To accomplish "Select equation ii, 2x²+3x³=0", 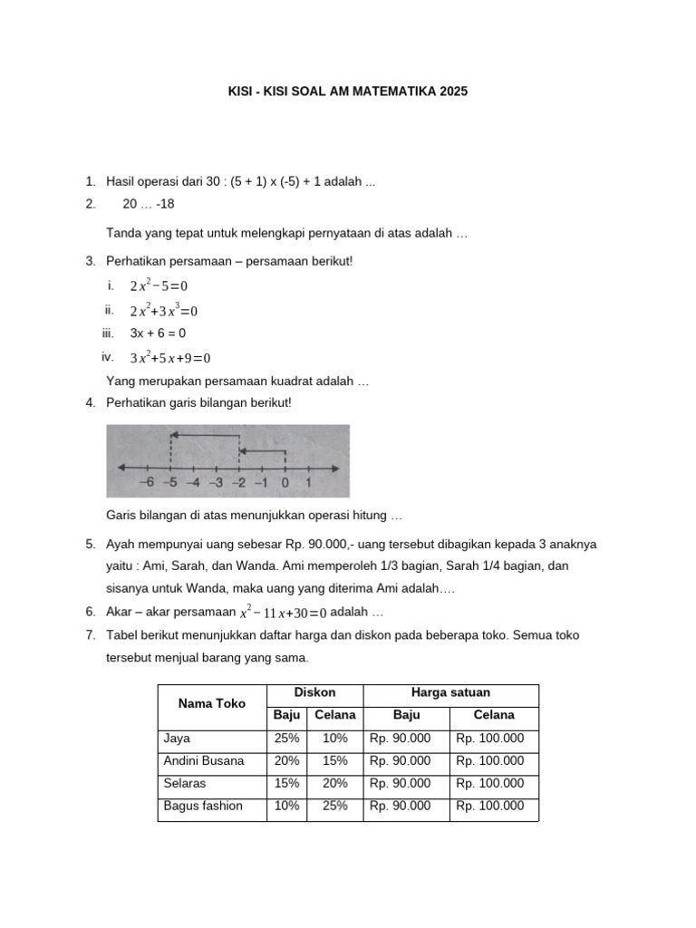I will click(163, 311).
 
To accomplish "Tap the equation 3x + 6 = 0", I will click(158, 333).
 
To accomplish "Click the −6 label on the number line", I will click(148, 483).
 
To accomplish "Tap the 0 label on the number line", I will click(285, 483).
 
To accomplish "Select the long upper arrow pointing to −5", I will click(204, 436).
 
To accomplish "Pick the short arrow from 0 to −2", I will click(262, 450).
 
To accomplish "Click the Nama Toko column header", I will click(211, 703).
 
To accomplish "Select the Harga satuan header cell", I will click(450, 693).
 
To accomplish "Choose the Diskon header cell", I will click(314, 693).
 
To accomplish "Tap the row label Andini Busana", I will click(204, 761).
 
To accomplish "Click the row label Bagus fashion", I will click(203, 806).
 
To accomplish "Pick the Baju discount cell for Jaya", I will click(286, 739).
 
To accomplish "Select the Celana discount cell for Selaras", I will click(334, 783).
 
